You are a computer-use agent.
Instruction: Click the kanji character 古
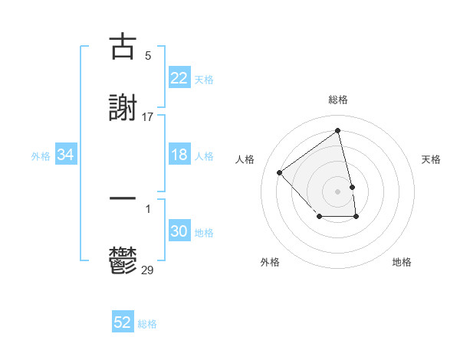[x=123, y=47]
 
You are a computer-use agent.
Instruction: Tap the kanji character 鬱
[x=123, y=261]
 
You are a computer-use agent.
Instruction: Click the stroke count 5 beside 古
[x=148, y=56]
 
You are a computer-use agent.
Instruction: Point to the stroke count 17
[x=148, y=116]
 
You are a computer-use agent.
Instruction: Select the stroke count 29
[x=148, y=270]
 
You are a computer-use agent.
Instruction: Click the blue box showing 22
[x=179, y=78]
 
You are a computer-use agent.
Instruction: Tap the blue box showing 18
[x=179, y=155]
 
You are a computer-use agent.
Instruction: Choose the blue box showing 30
[x=179, y=231]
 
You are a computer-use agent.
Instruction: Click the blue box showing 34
[x=66, y=155]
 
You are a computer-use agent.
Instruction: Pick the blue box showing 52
[x=123, y=323]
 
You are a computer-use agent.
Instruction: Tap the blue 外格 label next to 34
[x=41, y=156]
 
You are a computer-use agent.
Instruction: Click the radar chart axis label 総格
[x=338, y=100]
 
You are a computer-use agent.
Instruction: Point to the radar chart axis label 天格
[x=432, y=159]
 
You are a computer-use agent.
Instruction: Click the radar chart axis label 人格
[x=245, y=159]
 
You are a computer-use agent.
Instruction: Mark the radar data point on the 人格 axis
[x=280, y=172]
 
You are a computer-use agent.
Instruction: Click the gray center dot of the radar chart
[x=338, y=191]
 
